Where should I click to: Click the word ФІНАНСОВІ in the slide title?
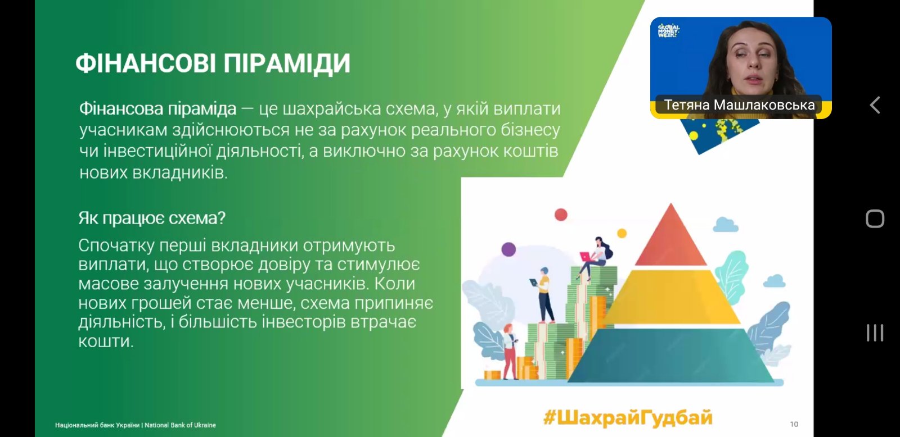(x=146, y=63)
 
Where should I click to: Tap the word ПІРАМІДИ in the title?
(x=287, y=63)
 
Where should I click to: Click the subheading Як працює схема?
(x=152, y=219)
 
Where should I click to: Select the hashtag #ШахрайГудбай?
(x=628, y=418)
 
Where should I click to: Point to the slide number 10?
(x=794, y=424)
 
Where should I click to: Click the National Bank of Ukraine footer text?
(x=136, y=425)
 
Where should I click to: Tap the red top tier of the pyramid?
(x=670, y=237)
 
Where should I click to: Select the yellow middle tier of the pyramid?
(x=671, y=297)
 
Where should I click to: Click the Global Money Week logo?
(x=668, y=30)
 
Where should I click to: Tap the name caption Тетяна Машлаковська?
(x=739, y=105)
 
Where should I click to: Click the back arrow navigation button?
(x=875, y=105)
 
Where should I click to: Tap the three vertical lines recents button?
(x=875, y=333)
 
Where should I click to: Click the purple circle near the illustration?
(x=508, y=249)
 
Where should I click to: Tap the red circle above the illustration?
(x=561, y=215)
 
